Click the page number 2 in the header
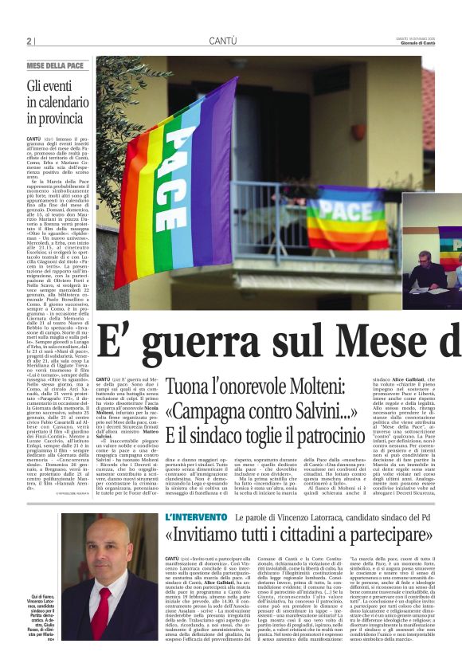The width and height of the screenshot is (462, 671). pos(30,41)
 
